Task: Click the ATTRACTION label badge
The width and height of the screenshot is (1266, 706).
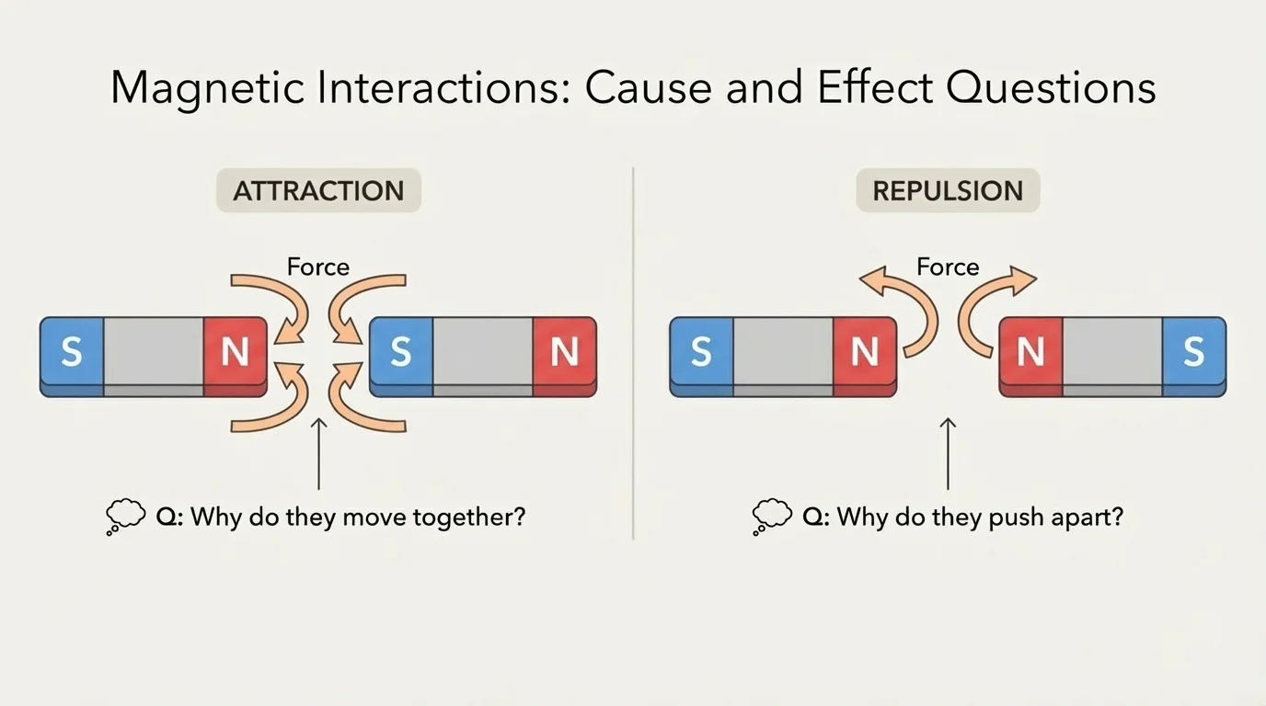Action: (318, 191)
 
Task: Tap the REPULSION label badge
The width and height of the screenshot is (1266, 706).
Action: (948, 191)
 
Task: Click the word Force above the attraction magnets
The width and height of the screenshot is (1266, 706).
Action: (318, 268)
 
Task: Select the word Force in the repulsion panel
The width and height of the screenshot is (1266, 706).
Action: (948, 268)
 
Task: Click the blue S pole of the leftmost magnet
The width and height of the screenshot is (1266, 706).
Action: (72, 353)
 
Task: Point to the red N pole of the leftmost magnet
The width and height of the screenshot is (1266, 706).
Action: (235, 353)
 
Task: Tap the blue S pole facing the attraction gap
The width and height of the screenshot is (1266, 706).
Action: (400, 353)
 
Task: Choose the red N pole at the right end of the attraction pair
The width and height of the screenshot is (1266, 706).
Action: (564, 353)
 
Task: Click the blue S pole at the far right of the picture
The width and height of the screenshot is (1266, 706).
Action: (1193, 353)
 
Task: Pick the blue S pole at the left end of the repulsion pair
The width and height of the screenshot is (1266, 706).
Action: (701, 353)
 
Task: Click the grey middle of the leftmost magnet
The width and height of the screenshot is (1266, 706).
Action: (153, 353)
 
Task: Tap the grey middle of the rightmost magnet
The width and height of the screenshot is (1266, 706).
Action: (1111, 353)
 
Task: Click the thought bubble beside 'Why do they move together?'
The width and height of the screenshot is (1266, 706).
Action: (126, 516)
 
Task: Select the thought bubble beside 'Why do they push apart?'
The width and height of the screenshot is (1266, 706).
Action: (772, 516)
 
